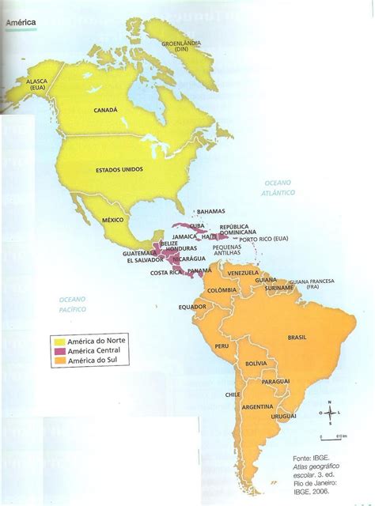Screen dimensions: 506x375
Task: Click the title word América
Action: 21,25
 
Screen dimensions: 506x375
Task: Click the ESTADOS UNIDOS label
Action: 119,170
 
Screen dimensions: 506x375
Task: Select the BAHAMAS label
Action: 211,211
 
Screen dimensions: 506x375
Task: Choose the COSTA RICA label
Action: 166,273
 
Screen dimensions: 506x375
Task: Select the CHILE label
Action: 232,394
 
